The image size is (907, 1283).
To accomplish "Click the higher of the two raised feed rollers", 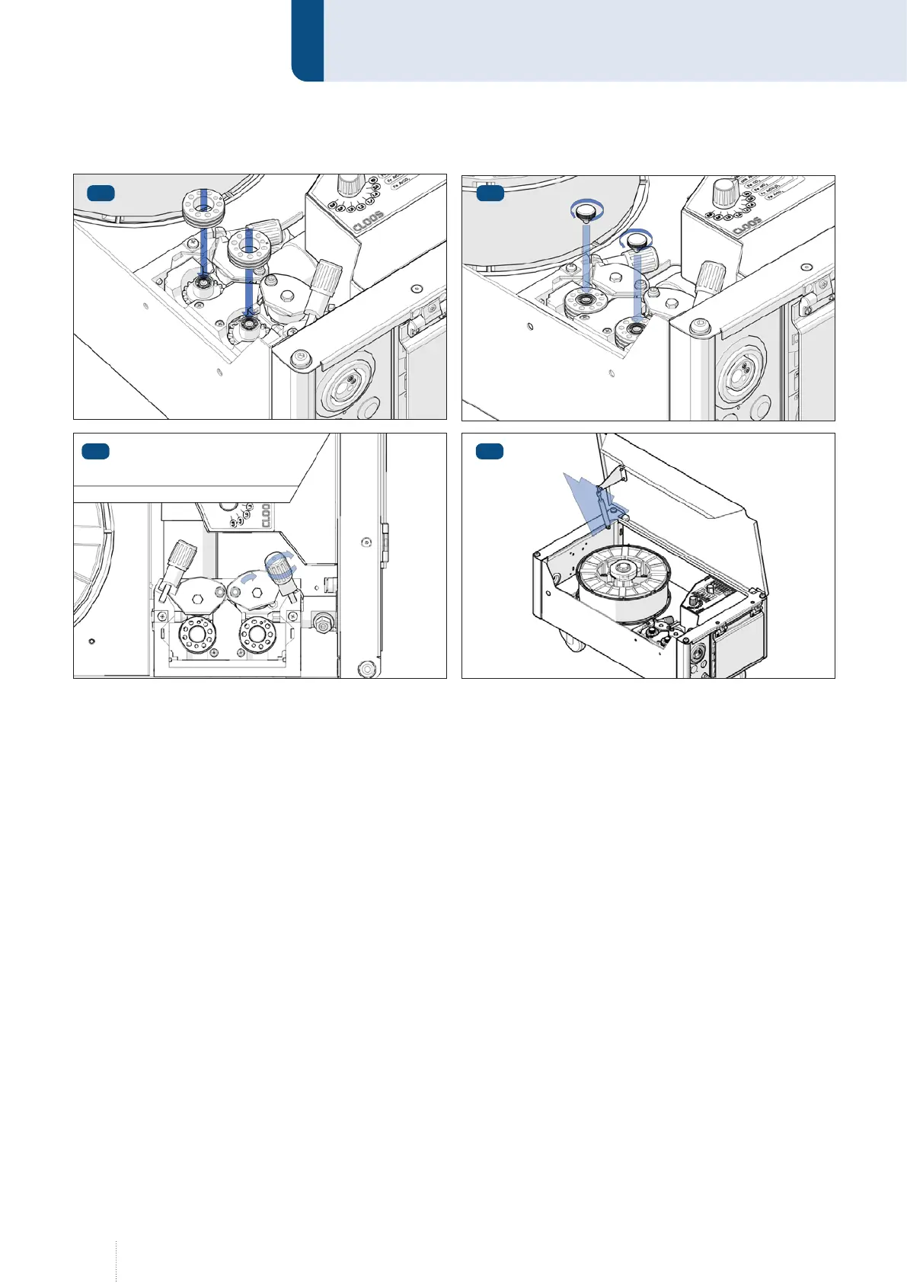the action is (201, 209).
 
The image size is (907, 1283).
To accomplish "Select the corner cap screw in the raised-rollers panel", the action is (302, 357).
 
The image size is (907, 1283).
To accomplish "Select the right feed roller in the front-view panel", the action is (256, 632).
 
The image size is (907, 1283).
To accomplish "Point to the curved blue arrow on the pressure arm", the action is (249, 580).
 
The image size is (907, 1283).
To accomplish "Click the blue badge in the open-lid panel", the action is (490, 452).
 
